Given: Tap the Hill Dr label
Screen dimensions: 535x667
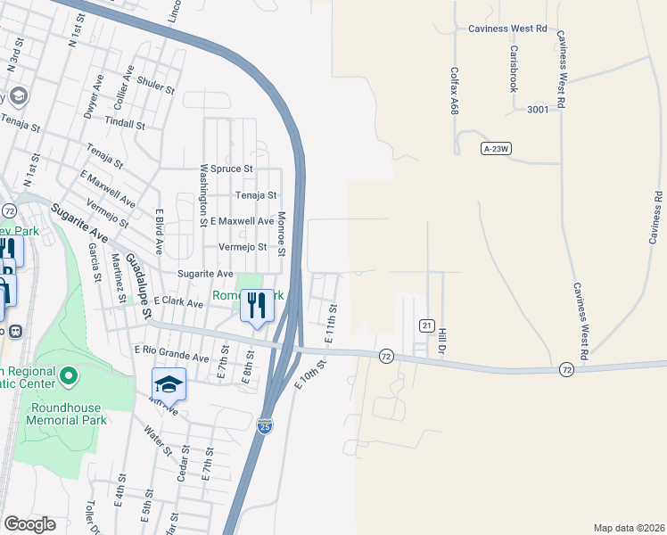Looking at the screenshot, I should tap(441, 342).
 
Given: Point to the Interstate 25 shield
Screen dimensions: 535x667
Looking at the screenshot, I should tap(266, 426).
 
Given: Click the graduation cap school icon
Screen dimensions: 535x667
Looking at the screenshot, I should tap(169, 383).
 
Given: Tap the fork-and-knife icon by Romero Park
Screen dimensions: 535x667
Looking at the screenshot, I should tap(257, 306).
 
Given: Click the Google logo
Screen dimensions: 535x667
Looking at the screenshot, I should tap(29, 524).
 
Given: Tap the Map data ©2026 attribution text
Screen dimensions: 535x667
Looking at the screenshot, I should tap(629, 528).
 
